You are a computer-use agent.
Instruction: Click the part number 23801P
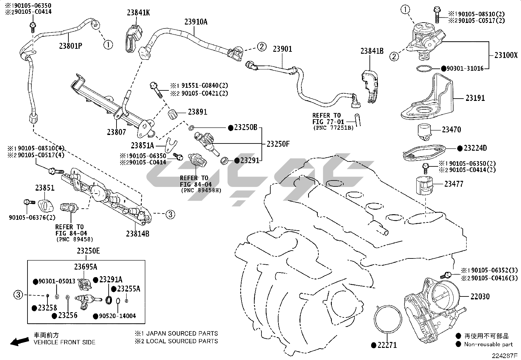[x=70, y=46]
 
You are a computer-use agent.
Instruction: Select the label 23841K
[x=138, y=13]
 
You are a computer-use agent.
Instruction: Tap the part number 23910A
[x=196, y=22]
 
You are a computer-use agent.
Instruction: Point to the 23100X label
[x=506, y=55]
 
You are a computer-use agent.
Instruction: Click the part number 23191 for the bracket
[x=475, y=98]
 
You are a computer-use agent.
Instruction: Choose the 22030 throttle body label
[x=480, y=296]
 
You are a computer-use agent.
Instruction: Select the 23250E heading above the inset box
[x=88, y=251]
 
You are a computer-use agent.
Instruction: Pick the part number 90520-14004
[x=117, y=316]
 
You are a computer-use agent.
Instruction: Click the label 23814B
[x=137, y=234]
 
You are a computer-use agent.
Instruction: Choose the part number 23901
[x=282, y=49]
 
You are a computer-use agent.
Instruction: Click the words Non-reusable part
[x=489, y=344]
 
